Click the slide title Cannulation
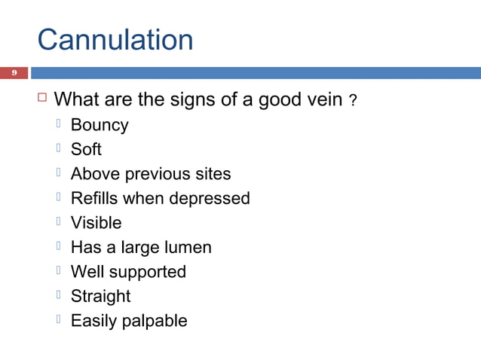[x=115, y=39]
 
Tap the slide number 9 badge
[x=13, y=73]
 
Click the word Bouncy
[x=100, y=126]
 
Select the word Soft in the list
[x=86, y=150]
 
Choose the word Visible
[x=96, y=223]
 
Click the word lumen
[x=187, y=247]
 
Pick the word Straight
[x=100, y=296]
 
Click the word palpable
[x=154, y=321]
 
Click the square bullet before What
[x=42, y=99]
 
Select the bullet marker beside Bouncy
[x=60, y=124]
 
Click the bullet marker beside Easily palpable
[x=60, y=319]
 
